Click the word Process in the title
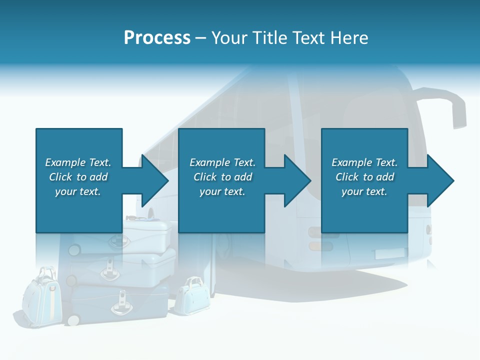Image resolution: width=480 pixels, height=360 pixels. coord(157,37)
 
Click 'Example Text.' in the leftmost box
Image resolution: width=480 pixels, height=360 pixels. coord(78,162)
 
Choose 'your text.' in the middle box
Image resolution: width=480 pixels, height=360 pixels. coord(222,191)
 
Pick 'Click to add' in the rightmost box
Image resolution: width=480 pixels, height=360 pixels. coord(364,177)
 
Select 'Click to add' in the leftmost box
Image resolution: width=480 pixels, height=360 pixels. coord(78,177)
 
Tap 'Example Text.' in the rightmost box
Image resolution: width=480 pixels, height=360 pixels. coord(364,162)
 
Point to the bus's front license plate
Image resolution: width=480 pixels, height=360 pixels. coord(390,253)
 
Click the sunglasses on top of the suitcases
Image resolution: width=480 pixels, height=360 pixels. coord(136,218)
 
